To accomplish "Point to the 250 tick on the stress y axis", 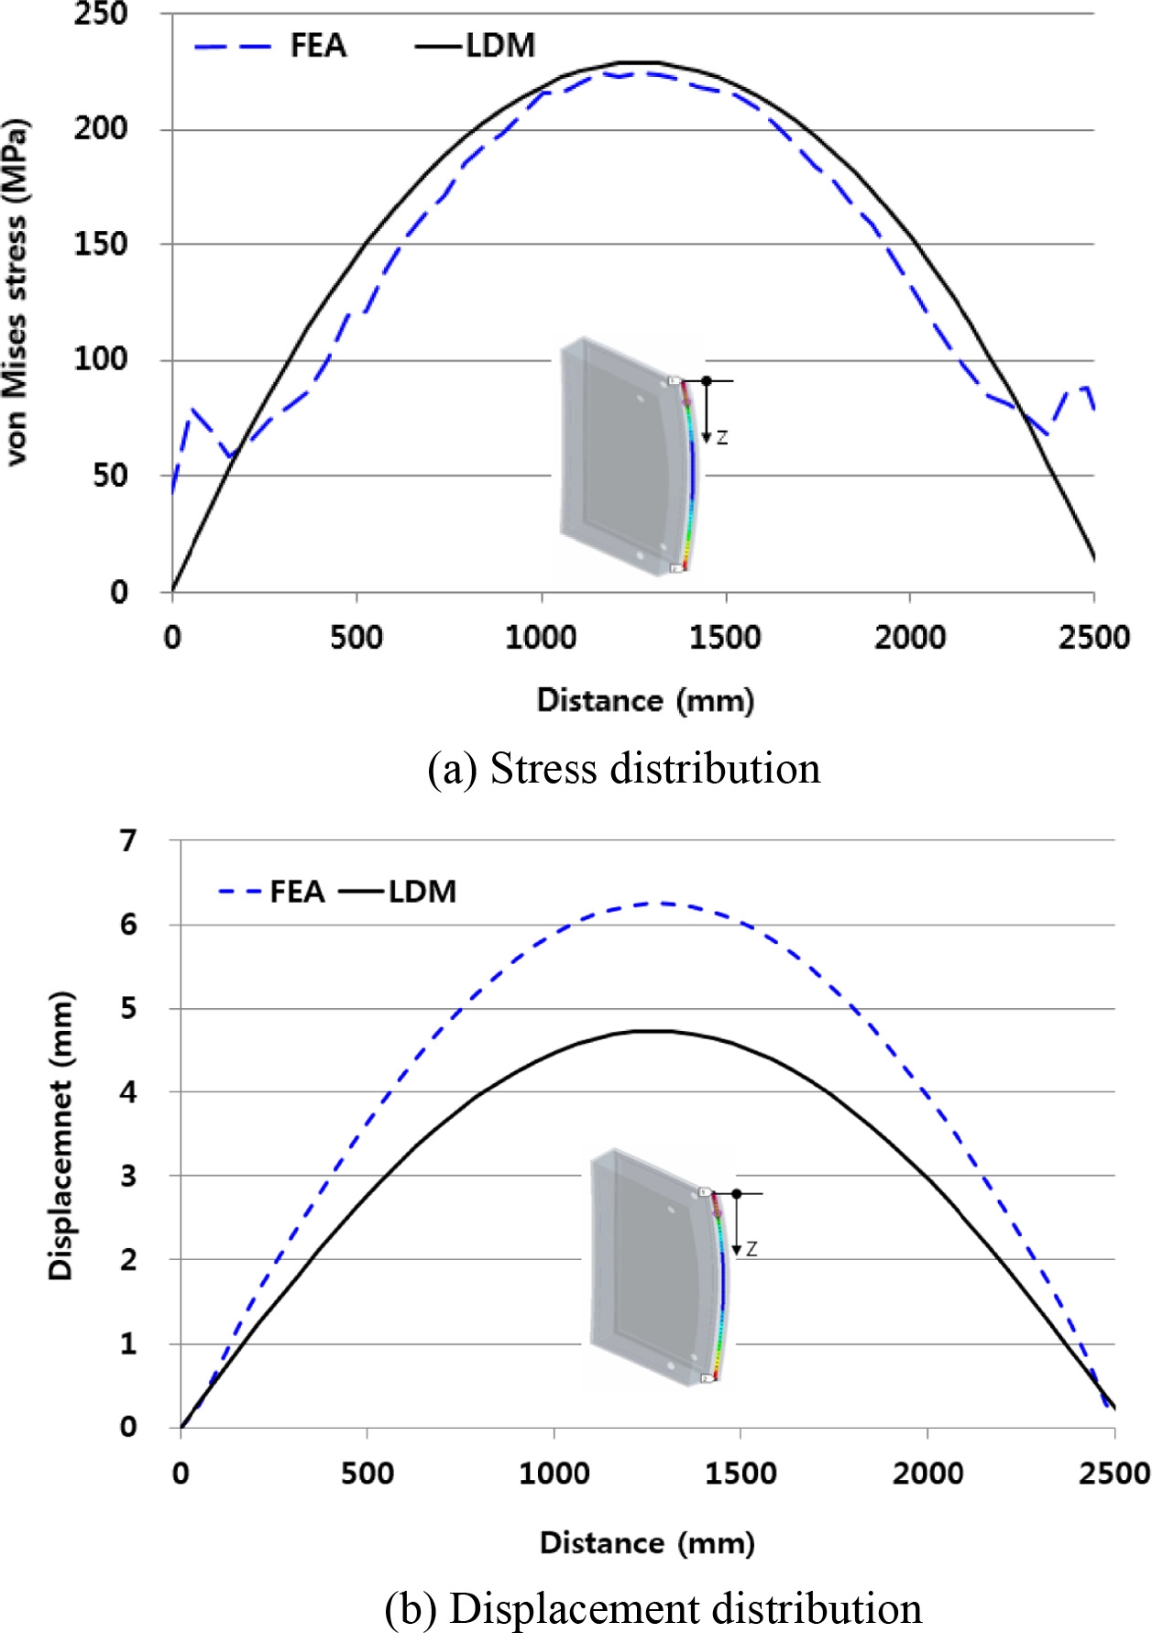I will click(x=101, y=15).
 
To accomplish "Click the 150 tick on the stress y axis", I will click(x=101, y=245).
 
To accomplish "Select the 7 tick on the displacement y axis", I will click(x=129, y=840).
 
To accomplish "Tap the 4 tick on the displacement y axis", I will click(x=129, y=1092).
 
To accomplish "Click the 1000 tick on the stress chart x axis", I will click(x=541, y=638).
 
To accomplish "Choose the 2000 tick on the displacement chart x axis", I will click(x=927, y=1474).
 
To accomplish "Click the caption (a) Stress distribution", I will click(x=624, y=768).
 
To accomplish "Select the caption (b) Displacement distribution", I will click(x=653, y=1609).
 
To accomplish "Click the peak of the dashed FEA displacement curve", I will click(x=662, y=904).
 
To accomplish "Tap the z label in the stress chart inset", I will click(x=722, y=438).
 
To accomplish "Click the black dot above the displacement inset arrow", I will click(x=737, y=1193).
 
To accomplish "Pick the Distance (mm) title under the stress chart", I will click(x=645, y=700).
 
